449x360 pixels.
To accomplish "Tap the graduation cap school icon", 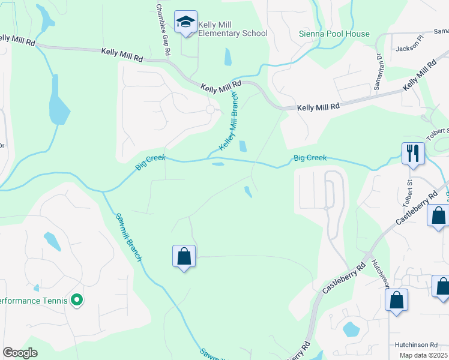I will click(x=185, y=23).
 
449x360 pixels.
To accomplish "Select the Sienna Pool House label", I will click(x=334, y=34).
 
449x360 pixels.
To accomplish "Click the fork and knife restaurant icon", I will click(x=413, y=152).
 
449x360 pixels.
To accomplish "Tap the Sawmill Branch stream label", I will click(x=129, y=237).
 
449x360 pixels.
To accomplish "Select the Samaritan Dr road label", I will click(x=378, y=71).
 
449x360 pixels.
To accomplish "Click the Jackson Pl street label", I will click(x=409, y=47).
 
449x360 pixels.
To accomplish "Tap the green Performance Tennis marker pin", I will click(x=76, y=299).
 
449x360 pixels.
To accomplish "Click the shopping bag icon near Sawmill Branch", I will click(x=184, y=256).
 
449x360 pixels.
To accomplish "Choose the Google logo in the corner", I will click(x=20, y=353).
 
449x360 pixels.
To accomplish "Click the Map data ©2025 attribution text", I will click(x=423, y=355).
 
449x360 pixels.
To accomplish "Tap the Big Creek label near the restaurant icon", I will click(x=310, y=158).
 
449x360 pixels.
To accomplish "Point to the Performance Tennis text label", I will click(x=32, y=300).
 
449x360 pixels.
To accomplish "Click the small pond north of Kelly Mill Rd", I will click(x=228, y=57).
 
